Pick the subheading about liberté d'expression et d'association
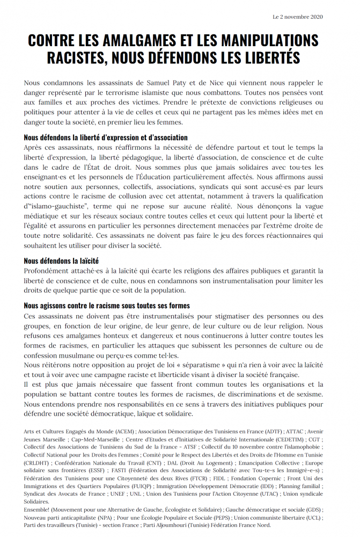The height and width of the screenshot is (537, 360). pos(106,137)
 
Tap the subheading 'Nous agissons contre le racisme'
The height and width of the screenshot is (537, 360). pos(107,306)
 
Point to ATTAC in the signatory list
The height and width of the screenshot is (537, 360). pos(296,431)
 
